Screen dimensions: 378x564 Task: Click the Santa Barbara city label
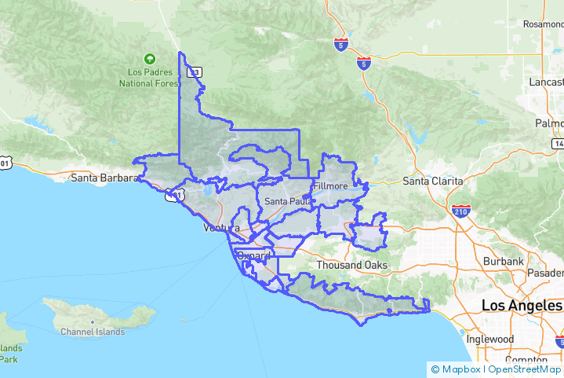point(104,178)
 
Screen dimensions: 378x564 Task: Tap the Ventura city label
point(220,228)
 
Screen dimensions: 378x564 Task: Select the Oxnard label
point(253,255)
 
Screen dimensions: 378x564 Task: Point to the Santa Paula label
point(287,201)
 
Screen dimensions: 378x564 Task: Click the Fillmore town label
point(329,186)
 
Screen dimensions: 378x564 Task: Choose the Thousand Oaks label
point(351,265)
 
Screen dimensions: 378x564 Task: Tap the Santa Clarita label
point(432,181)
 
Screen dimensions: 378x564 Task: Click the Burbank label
point(503,261)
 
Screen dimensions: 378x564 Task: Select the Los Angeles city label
point(521,305)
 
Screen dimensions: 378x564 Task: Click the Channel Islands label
point(93,332)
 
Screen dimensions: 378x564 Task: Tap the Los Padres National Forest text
point(149,77)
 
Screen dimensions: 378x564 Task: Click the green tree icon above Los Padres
point(149,59)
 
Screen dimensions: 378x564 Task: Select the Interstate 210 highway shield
point(460,211)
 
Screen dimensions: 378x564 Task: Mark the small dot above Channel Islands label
point(93,321)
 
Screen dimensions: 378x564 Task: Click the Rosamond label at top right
point(543,25)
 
